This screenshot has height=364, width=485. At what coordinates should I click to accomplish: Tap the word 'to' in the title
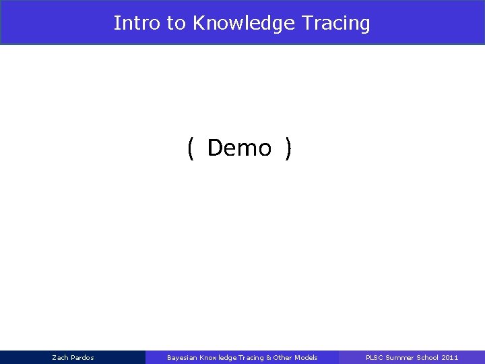point(176,23)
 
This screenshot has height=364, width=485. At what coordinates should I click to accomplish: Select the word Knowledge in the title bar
point(234,24)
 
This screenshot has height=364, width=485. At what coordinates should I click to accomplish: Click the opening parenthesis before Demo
point(191,148)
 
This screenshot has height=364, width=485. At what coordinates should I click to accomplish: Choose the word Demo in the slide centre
point(239,148)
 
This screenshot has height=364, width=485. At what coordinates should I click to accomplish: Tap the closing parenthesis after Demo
point(288,148)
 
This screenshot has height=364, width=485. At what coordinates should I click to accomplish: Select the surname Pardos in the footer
point(82,357)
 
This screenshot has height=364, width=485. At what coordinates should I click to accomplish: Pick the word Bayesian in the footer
point(182,357)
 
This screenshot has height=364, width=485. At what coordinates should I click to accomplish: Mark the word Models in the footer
point(306,357)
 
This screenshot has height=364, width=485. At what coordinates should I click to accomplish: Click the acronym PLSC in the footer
point(374,357)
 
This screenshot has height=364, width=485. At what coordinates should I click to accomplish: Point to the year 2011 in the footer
point(449,357)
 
